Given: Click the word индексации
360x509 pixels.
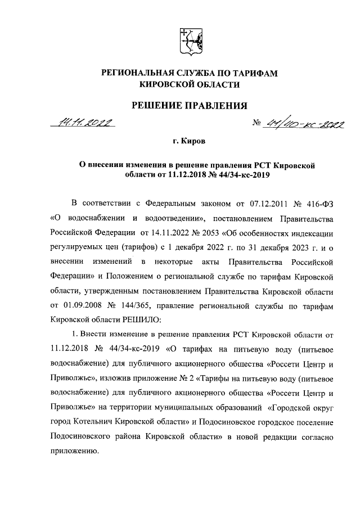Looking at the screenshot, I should tap(313, 232).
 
